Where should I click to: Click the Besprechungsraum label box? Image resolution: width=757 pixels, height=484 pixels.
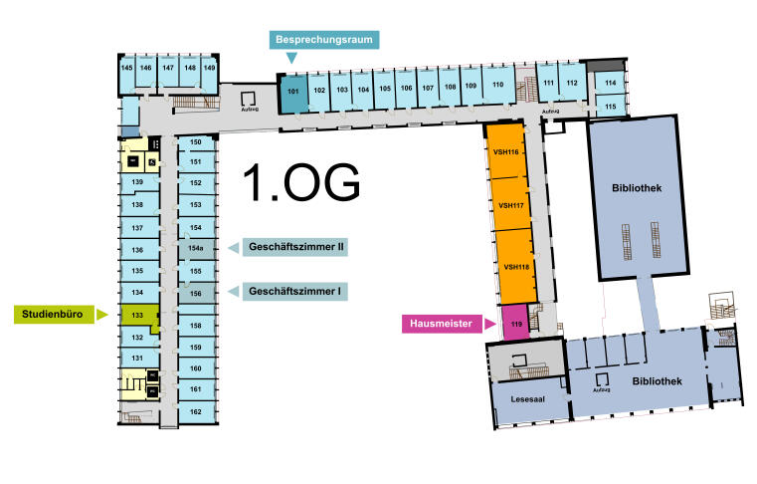[324, 40]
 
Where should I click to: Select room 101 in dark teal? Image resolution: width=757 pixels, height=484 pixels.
[293, 93]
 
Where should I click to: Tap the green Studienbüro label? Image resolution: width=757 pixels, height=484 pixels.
[54, 315]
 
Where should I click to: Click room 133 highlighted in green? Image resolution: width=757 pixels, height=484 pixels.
[139, 316]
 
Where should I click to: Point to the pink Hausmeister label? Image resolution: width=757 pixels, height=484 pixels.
[442, 324]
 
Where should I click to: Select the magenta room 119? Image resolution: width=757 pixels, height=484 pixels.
[515, 323]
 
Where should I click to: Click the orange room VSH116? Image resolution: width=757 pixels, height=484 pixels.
[505, 151]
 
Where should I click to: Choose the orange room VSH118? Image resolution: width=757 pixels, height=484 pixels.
[516, 267]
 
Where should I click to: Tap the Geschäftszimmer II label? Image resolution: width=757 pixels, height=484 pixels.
[295, 247]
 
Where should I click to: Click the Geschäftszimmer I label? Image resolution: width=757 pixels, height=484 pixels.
[295, 292]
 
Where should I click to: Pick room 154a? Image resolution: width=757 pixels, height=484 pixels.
[196, 249]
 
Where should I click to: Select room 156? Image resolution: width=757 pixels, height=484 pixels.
[196, 294]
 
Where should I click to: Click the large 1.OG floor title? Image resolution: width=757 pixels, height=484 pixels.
[301, 182]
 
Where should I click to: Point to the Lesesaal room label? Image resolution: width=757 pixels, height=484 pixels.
[527, 399]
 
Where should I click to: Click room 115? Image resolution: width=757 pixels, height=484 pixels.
[610, 106]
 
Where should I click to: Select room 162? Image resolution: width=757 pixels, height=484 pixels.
[196, 412]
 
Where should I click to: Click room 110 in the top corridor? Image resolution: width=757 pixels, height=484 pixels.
[498, 86]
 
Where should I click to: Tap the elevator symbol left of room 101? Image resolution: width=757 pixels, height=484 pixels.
[249, 99]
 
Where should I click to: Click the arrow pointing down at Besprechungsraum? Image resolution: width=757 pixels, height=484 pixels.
[291, 58]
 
